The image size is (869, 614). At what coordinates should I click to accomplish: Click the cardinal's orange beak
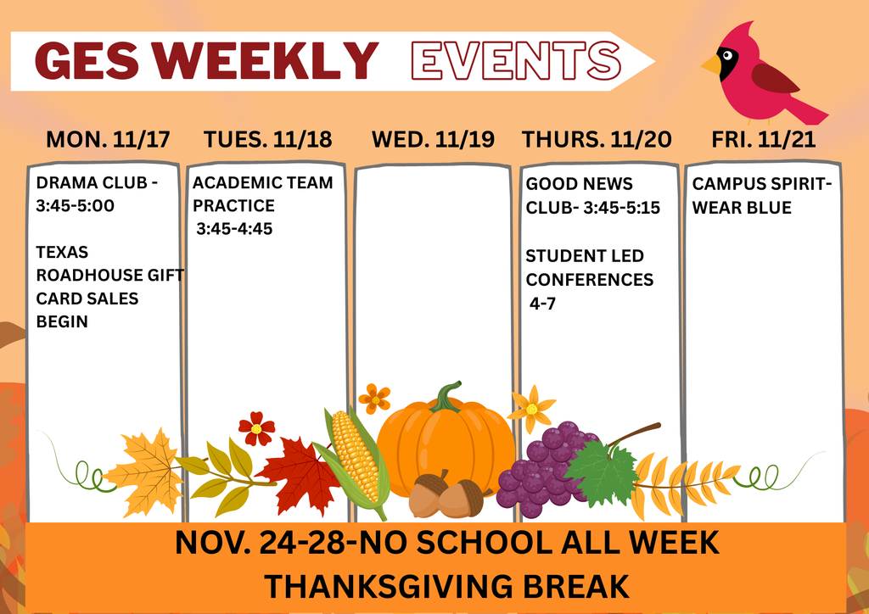coord(711,64)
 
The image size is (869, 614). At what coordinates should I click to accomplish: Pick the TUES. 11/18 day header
coord(267,140)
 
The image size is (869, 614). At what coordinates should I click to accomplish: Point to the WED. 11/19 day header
coord(433,140)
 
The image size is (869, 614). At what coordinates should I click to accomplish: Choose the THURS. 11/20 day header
coord(597,140)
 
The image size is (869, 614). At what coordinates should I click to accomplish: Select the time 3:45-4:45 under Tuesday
coord(234,228)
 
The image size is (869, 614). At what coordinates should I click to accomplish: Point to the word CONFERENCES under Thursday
coord(590,279)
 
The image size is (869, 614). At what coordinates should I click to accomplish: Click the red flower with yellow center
coord(255,428)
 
